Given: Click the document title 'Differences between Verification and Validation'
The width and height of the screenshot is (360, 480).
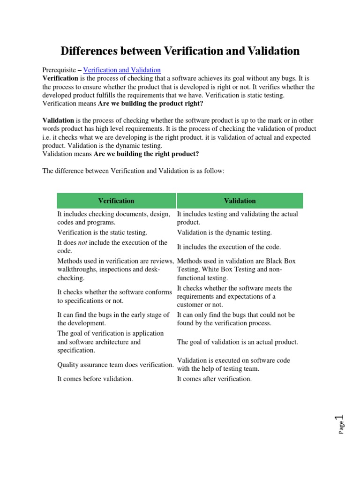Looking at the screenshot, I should [x=180, y=51].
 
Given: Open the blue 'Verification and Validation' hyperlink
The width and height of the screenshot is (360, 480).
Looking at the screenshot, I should [x=122, y=70].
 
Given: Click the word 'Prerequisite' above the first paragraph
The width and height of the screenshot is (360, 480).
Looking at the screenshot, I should [x=60, y=70].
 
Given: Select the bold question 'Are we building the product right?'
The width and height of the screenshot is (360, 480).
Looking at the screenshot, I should [x=150, y=103].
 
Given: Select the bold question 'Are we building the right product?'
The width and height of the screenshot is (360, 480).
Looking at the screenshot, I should [x=146, y=154].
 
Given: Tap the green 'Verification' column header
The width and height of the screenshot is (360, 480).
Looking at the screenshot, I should [x=116, y=201].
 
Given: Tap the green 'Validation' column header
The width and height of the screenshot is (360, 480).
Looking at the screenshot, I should [x=240, y=201].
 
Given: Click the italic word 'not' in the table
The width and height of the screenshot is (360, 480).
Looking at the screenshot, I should [x=83, y=243].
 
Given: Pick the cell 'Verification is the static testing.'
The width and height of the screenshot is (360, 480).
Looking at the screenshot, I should [x=102, y=232].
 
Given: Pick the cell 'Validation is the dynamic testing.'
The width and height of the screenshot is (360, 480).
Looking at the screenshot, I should [x=224, y=232].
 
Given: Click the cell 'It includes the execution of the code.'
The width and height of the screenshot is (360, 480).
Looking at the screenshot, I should [x=229, y=247].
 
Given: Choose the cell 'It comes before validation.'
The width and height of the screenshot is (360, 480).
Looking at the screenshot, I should [x=95, y=379].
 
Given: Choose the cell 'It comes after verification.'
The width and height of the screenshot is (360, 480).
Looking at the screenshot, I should [x=214, y=379].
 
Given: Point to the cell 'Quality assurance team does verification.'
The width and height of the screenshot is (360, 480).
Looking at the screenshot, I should [x=115, y=365].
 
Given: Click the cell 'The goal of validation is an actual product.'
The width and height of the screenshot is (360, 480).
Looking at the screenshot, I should [x=237, y=342].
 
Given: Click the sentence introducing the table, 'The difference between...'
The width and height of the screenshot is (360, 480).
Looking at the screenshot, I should [x=134, y=171].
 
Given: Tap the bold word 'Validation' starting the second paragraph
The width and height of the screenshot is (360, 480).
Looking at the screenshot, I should [x=58, y=120].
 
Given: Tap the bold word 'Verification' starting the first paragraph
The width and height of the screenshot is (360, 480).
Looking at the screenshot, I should [x=60, y=78].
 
